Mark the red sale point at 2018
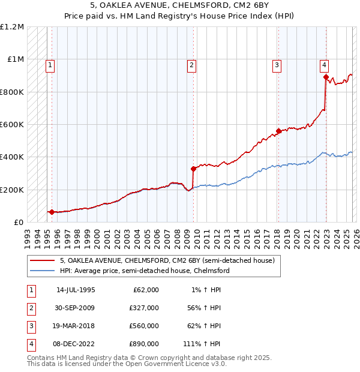tap(278, 131)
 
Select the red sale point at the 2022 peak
tap(326, 77)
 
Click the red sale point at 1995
tap(52, 212)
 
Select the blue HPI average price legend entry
tap(144, 271)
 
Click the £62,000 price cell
tap(145, 290)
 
